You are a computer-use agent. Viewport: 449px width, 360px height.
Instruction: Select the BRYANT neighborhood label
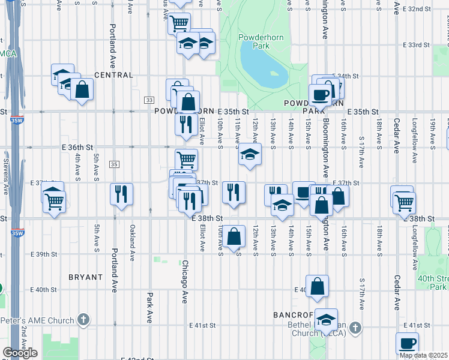pos(86,277)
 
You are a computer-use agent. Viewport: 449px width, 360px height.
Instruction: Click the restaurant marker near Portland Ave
pos(122,194)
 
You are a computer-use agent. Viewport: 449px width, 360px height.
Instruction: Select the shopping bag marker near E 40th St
pos(318,286)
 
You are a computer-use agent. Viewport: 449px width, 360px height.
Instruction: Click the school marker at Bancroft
pos(327,319)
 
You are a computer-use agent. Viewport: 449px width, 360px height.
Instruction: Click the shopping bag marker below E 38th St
pos(234,236)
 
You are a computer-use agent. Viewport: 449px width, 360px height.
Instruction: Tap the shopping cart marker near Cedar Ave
pos(403,203)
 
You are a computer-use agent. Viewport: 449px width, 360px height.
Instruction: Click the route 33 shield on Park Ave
pos(149,100)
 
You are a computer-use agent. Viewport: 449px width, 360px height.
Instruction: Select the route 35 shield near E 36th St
pos(114,164)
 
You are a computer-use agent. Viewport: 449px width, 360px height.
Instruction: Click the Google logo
pos(20,352)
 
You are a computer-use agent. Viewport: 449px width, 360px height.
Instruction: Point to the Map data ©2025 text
pos(423,355)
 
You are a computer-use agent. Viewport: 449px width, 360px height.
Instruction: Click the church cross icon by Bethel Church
pos(356,328)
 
